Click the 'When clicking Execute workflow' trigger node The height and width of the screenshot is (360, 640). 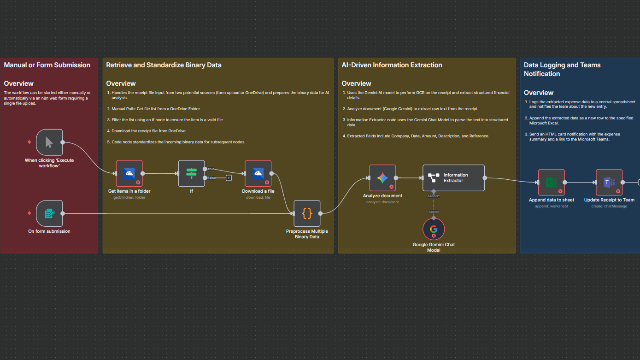click(49, 142)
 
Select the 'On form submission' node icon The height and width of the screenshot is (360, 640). click(49, 213)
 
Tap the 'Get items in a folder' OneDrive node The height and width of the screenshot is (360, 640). click(129, 173)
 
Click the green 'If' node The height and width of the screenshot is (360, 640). click(191, 173)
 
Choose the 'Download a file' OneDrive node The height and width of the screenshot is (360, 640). click(258, 173)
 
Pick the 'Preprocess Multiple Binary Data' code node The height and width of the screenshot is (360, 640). click(307, 213)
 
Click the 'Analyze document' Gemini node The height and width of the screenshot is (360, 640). click(382, 178)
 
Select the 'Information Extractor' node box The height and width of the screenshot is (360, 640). click(453, 178)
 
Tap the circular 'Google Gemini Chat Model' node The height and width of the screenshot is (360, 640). click(434, 229)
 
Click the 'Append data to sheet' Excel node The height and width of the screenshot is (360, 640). click(551, 183)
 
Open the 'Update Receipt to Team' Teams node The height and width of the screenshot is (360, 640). click(609, 183)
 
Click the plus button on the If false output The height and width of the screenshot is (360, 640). click(229, 178)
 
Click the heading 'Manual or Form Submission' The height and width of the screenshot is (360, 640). click(47, 65)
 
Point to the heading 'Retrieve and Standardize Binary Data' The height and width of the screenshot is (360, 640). click(164, 65)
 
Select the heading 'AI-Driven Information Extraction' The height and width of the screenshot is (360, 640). click(392, 65)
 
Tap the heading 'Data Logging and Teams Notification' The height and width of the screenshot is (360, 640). click(562, 69)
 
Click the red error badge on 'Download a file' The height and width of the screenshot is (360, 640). click(267, 182)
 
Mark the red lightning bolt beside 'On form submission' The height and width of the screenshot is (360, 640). click(29, 213)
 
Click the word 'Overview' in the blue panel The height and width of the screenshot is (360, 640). click(539, 93)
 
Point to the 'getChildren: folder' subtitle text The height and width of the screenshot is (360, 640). click(129, 197)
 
